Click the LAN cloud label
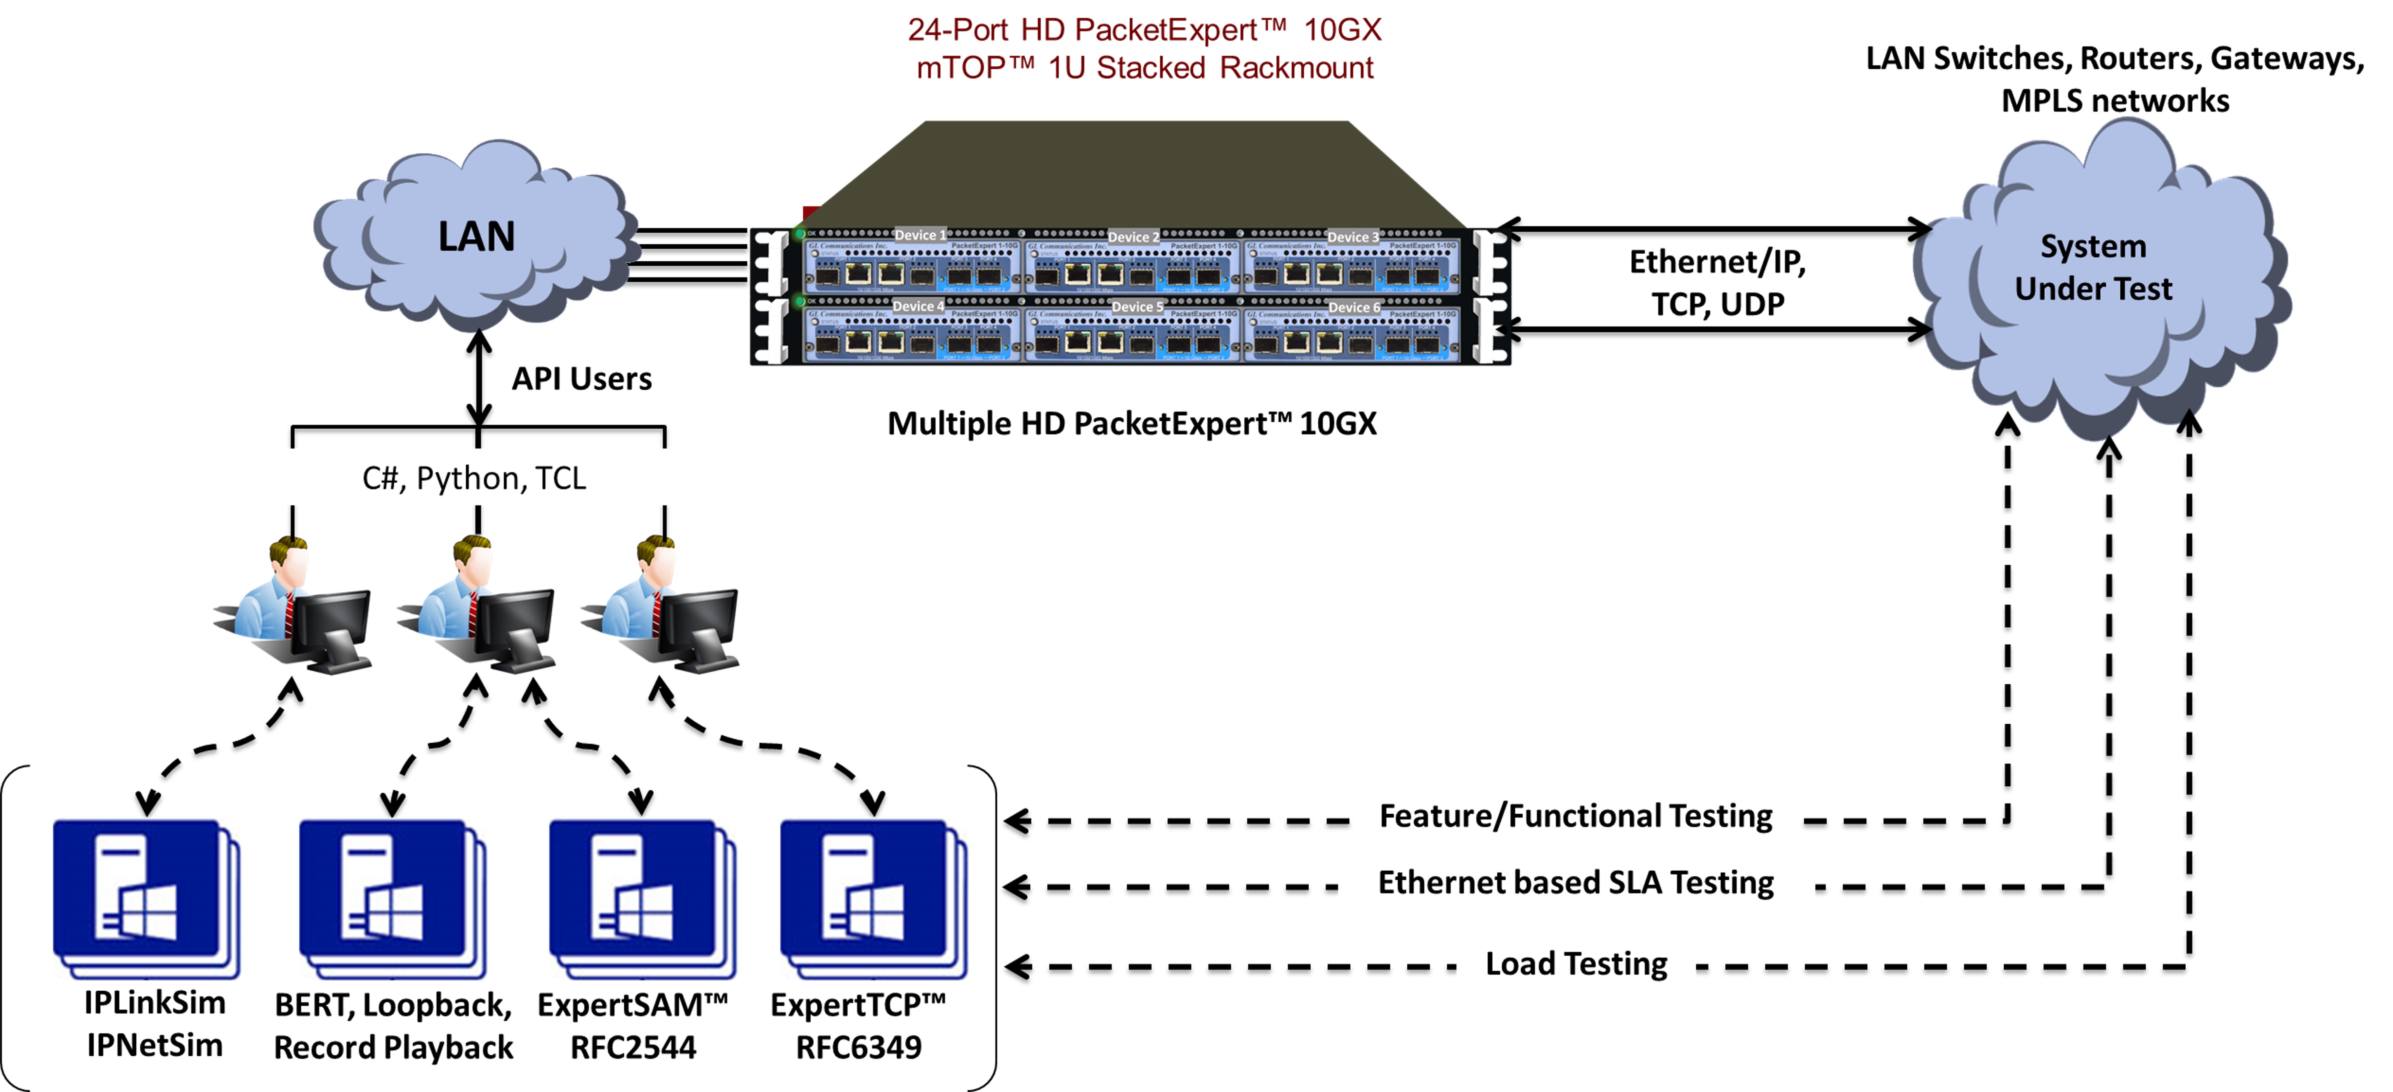tap(476, 237)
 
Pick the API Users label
tap(582, 379)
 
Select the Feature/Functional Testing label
tap(1575, 816)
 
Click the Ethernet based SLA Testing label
tap(1575, 882)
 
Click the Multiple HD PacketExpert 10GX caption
tap(1131, 424)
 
